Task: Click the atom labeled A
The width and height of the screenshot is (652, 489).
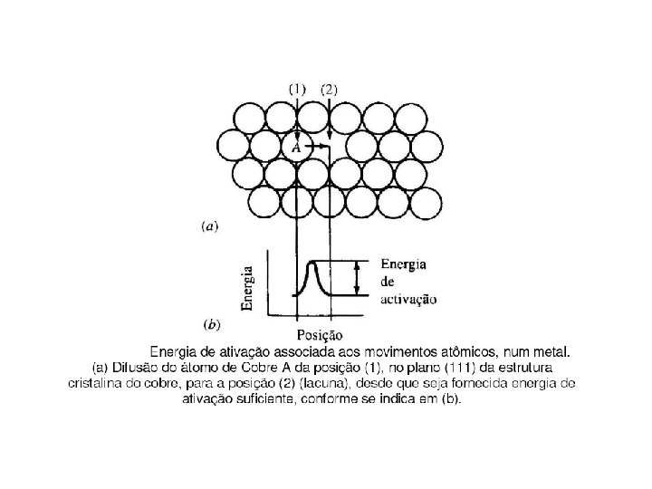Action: coord(296,146)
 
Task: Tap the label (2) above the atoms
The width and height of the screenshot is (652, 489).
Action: coord(330,90)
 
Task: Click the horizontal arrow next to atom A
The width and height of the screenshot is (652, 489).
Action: coord(317,145)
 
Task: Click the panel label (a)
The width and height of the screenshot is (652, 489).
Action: coord(208,227)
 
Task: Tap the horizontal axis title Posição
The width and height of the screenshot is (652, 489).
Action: coord(321,336)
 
